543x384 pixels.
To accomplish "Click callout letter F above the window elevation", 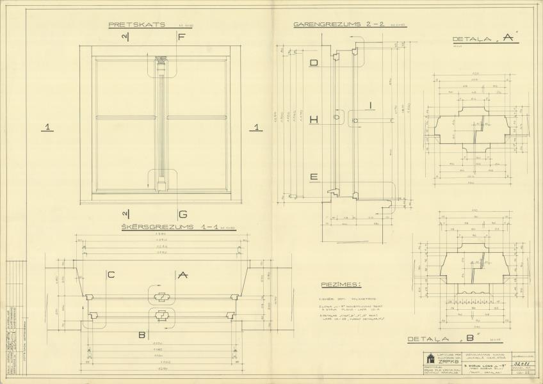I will tap(181, 37).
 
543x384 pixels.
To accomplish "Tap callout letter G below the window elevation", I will tap(182, 214).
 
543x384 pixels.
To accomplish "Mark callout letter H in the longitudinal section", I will tap(314, 120).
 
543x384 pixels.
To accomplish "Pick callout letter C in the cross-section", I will tap(111, 275).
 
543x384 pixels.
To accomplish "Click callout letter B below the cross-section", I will tap(142, 334).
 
